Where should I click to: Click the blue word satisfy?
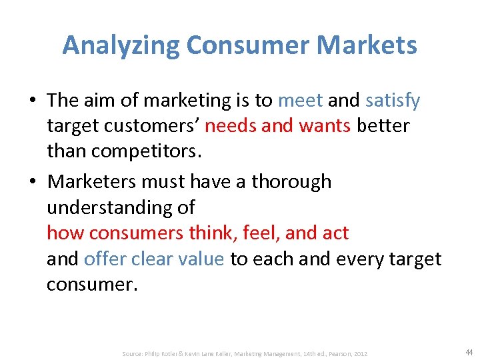click(x=393, y=101)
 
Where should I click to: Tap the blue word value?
click(x=198, y=259)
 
